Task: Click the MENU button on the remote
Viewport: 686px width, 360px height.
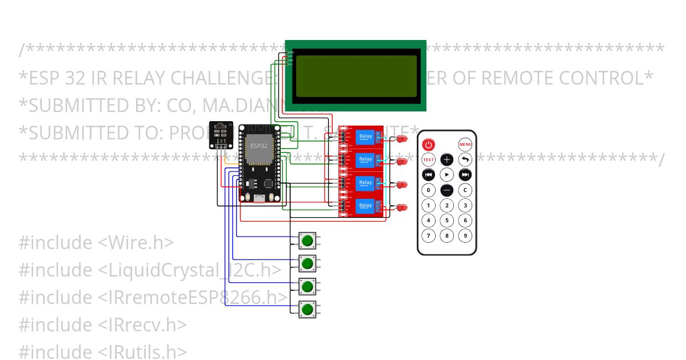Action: pos(465,145)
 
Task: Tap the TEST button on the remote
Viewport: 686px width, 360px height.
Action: pos(428,159)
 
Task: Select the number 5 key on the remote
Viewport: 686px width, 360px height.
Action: pos(447,221)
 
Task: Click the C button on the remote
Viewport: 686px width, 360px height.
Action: pos(465,190)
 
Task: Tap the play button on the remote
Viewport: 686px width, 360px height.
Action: pos(447,175)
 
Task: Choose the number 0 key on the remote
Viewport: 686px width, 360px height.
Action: pos(428,190)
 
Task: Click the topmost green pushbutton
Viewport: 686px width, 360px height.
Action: pos(308,241)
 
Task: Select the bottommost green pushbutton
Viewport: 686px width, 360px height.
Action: pos(308,309)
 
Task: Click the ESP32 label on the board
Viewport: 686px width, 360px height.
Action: pos(258,146)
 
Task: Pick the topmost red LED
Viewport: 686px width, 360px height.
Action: pos(402,139)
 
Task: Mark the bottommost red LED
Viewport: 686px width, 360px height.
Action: pos(402,207)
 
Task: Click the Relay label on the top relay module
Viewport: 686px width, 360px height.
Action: pos(365,136)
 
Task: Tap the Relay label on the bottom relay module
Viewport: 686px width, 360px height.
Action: pos(365,205)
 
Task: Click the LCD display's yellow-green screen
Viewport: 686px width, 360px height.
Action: pos(356,77)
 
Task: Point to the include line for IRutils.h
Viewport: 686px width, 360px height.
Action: pos(103,352)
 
